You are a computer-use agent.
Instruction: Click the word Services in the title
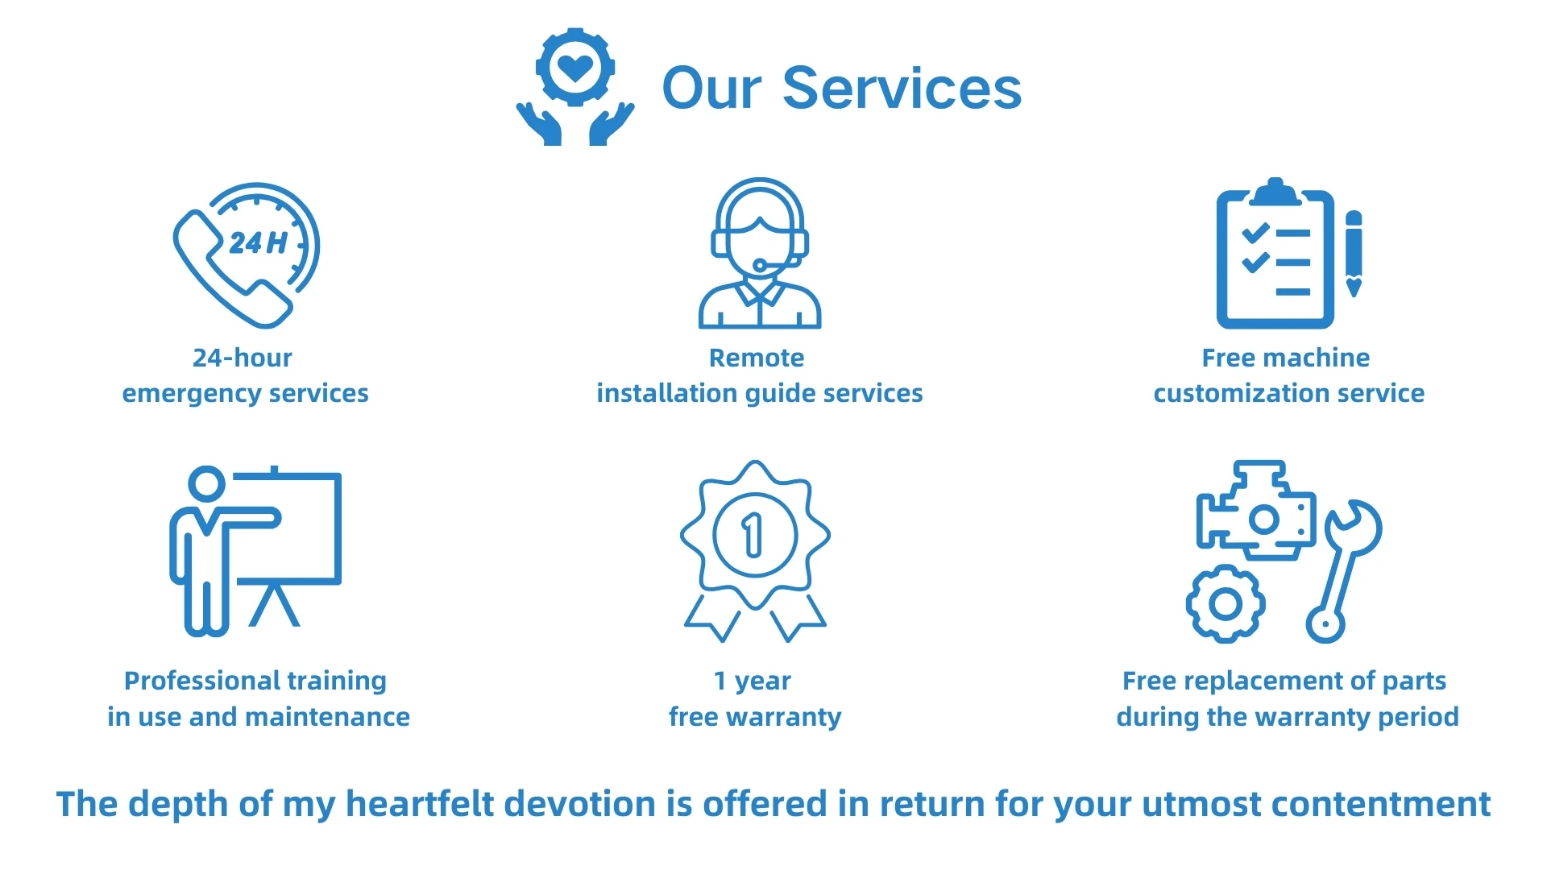[902, 88]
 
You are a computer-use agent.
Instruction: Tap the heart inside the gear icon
[575, 68]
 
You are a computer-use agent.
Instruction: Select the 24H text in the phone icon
[258, 242]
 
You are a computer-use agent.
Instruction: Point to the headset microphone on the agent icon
[761, 264]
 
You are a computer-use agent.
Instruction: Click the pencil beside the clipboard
[1354, 253]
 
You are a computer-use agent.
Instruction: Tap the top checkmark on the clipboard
[1255, 233]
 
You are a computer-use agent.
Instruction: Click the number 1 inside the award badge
[753, 536]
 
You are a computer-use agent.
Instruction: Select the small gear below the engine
[1225, 603]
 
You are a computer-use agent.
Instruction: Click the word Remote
[757, 358]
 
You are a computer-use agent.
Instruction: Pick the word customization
[1241, 393]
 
